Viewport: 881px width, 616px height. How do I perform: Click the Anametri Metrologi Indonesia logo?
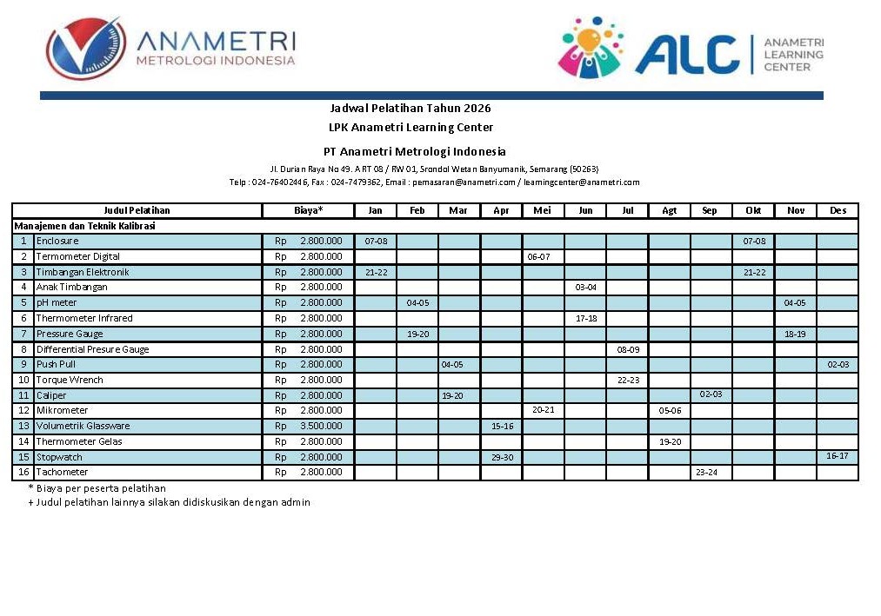tap(171, 49)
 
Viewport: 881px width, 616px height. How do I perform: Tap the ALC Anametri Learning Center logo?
tap(690, 49)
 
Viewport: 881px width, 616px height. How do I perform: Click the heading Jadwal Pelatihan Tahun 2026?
tap(410, 109)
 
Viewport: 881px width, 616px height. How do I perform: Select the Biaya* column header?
tap(308, 210)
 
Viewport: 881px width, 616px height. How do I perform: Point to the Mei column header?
tap(543, 210)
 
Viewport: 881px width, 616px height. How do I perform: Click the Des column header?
tap(838, 210)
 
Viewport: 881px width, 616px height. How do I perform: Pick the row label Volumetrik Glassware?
tap(83, 426)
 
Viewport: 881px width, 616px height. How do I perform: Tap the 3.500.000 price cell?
tap(321, 426)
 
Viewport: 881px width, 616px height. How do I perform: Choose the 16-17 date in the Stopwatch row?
tap(838, 455)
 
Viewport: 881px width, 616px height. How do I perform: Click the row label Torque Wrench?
tap(70, 380)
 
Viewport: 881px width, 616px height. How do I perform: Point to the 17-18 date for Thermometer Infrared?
tap(586, 318)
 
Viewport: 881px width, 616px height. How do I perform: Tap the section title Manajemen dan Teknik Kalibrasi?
tap(85, 226)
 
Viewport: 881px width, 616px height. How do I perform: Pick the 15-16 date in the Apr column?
tap(502, 427)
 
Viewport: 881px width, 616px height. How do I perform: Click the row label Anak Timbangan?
tap(71, 287)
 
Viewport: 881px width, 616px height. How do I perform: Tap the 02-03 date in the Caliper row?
tap(711, 394)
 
